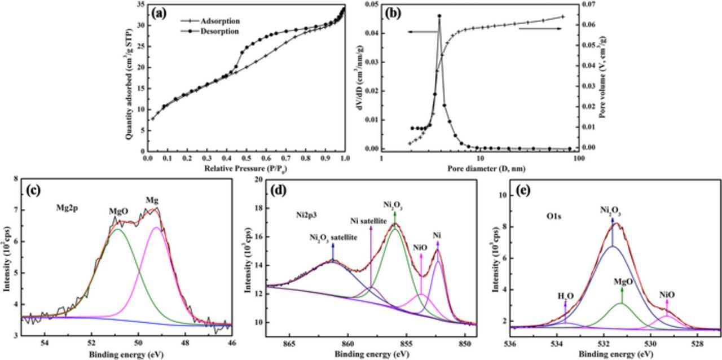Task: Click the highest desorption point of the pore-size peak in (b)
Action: point(439,16)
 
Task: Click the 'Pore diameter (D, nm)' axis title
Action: point(479,168)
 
